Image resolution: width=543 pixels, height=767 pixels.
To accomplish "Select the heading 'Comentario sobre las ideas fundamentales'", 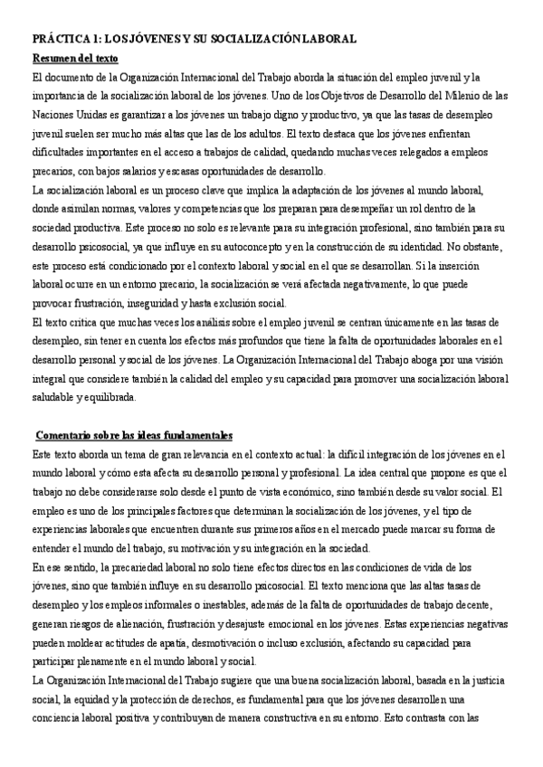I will [134, 435].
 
